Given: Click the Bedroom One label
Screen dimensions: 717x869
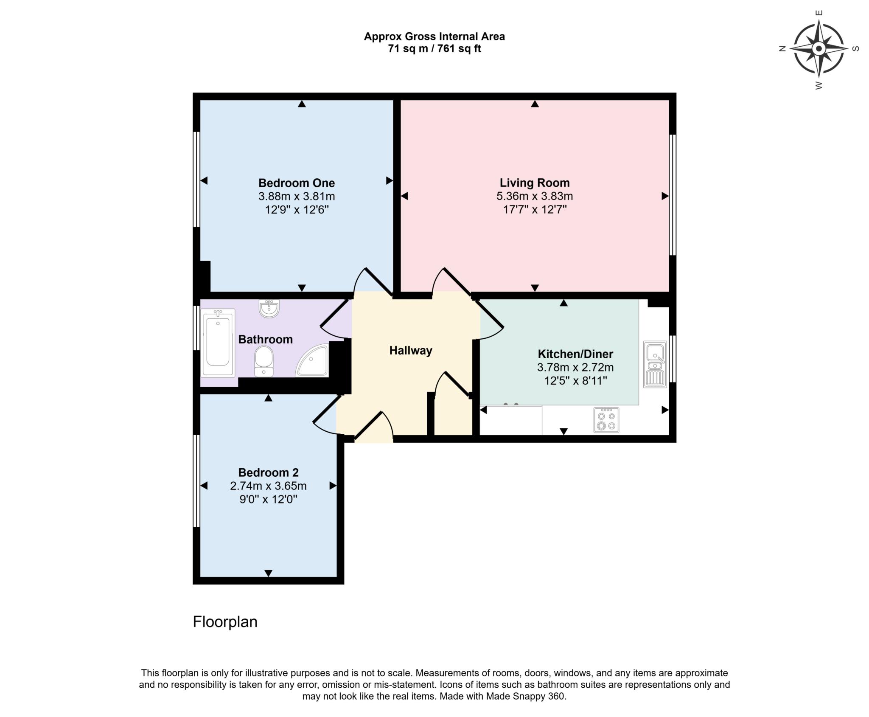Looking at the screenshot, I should click(296, 183).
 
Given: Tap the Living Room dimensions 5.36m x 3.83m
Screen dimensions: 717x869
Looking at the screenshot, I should click(534, 196).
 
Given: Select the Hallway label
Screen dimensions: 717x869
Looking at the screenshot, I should click(410, 350).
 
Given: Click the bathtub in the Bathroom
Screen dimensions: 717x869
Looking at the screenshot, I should click(218, 343).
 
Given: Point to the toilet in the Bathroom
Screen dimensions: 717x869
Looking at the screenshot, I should click(264, 361).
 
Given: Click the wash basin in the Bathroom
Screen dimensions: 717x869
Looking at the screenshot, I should click(269, 309).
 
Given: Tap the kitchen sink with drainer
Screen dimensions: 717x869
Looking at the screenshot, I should click(655, 364).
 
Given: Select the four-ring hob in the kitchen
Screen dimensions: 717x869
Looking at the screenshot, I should click(606, 420).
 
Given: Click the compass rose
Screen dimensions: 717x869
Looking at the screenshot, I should click(819, 49).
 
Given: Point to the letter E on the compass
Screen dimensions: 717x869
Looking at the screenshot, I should click(819, 13).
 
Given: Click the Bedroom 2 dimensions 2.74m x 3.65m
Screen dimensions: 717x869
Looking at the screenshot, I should click(268, 486).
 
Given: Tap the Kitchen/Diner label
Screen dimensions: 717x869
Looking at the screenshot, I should click(575, 354).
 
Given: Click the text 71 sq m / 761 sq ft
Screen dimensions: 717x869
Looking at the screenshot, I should click(434, 49).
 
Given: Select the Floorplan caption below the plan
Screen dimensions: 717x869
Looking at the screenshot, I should click(225, 621).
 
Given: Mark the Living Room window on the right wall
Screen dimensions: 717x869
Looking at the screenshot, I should click(673, 195).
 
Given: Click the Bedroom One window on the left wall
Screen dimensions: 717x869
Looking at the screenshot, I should click(196, 179).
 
